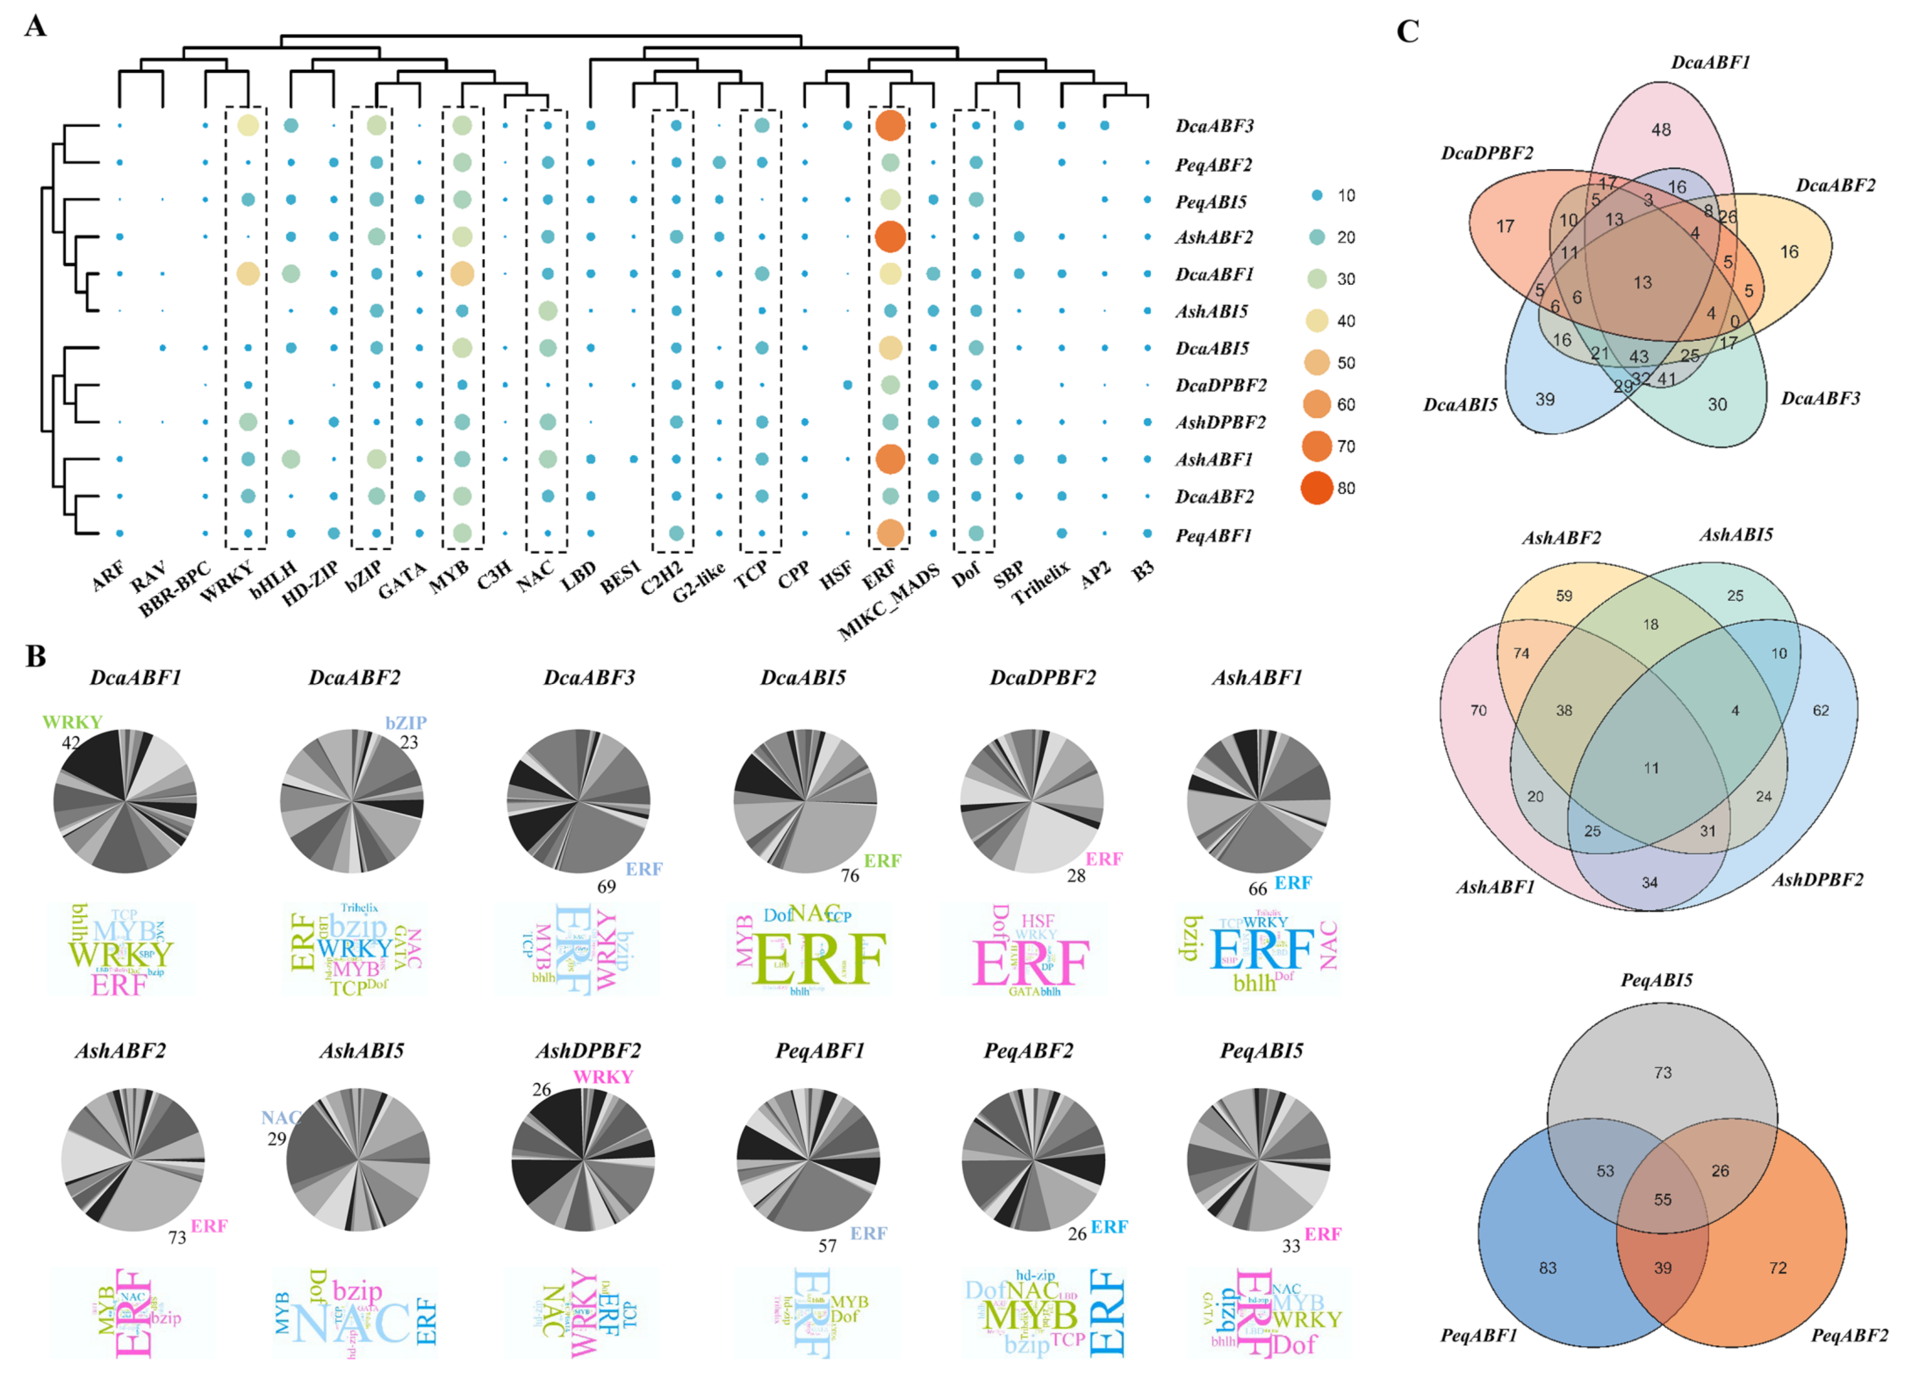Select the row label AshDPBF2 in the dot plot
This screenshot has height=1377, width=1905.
[1220, 422]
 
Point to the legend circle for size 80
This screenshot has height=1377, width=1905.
[1317, 488]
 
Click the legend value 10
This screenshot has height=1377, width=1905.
[1346, 196]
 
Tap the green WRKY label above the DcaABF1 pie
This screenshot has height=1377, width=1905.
[72, 722]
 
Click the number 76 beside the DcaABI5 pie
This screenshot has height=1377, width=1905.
[850, 876]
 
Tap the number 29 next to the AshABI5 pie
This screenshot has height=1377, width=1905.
[277, 1139]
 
